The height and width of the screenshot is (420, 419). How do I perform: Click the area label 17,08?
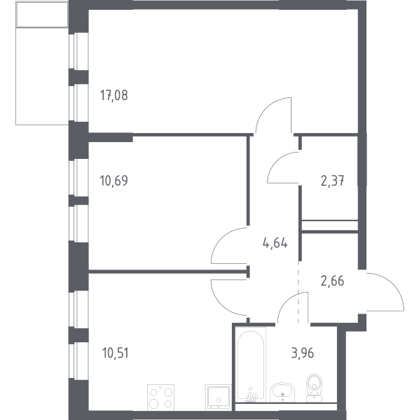pos(114,95)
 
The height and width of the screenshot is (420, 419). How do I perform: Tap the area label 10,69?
pos(114,181)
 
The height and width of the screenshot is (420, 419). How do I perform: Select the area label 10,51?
pos(116,353)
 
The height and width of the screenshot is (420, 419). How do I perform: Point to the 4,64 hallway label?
pos(275,243)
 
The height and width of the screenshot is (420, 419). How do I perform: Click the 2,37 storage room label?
pos(332,181)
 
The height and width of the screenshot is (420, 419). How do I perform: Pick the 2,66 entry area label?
pos(332,281)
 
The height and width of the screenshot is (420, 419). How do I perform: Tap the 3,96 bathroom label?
pos(303,353)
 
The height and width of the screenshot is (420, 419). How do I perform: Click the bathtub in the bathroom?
pos(251,364)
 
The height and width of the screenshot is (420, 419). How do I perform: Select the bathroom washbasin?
pos(282,393)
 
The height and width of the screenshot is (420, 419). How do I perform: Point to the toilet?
pos(314,388)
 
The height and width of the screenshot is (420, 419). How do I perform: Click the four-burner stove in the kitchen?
pos(161,398)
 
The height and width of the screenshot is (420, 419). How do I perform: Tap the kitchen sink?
pos(218,397)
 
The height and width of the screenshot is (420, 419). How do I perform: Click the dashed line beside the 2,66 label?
pos(298,292)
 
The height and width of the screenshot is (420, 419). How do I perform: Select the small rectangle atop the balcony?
pos(42,14)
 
